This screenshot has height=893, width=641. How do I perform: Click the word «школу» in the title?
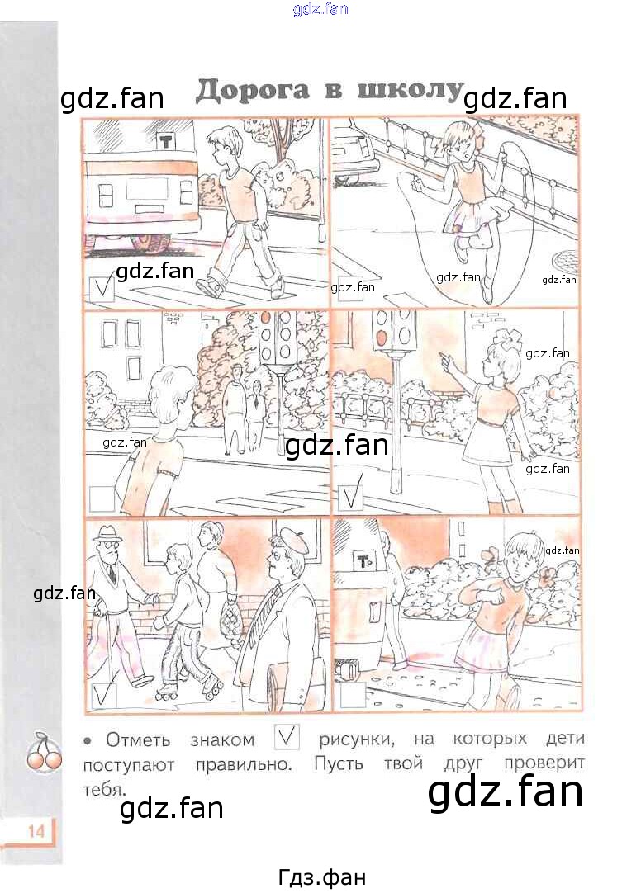pyautogui.click(x=409, y=89)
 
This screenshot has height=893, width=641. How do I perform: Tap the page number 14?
pyautogui.click(x=36, y=831)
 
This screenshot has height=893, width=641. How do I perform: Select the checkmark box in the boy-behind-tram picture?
pyautogui.click(x=102, y=289)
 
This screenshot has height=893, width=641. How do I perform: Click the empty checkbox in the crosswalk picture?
pyautogui.click(x=102, y=498)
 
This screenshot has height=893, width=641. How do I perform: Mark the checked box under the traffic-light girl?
pyautogui.click(x=350, y=497)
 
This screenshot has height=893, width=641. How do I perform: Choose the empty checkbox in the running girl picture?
pyautogui.click(x=352, y=696)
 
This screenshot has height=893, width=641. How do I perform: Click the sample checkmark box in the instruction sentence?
pyautogui.click(x=287, y=737)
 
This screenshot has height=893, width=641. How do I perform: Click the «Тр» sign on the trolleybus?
pyautogui.click(x=363, y=561)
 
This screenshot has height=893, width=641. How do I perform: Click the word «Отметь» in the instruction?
pyautogui.click(x=138, y=739)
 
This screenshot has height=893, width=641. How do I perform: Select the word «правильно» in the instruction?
pyautogui.click(x=244, y=764)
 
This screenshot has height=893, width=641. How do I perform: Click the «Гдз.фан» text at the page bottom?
pyautogui.click(x=322, y=877)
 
